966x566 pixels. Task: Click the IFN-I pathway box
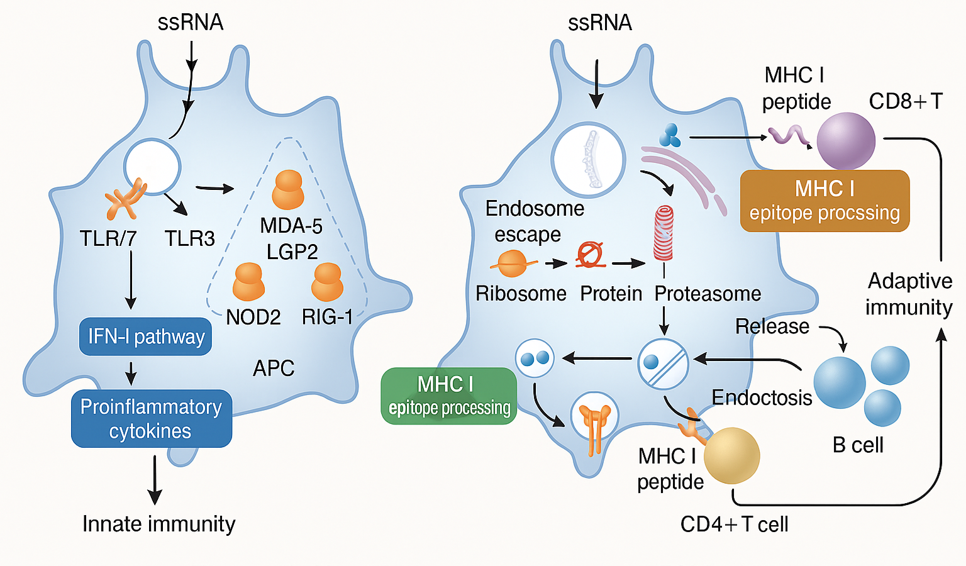pyautogui.click(x=145, y=337)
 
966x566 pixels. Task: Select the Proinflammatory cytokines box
pyautogui.click(x=151, y=419)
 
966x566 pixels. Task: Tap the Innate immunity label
pyautogui.click(x=158, y=524)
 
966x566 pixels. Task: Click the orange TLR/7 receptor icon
pyautogui.click(x=125, y=200)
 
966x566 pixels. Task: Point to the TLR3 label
pyautogui.click(x=189, y=239)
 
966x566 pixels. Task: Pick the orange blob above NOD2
pyautogui.click(x=248, y=282)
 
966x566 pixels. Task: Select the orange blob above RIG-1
pyautogui.click(x=327, y=282)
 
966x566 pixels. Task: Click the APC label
pyautogui.click(x=274, y=368)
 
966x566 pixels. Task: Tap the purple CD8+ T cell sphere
pyautogui.click(x=846, y=141)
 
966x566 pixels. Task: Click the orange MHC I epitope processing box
pyautogui.click(x=824, y=201)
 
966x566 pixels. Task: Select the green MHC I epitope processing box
pyautogui.click(x=449, y=396)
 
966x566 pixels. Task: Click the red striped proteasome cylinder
pyautogui.click(x=663, y=233)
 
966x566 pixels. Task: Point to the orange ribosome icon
pyautogui.click(x=512, y=264)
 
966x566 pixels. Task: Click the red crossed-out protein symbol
pyautogui.click(x=590, y=255)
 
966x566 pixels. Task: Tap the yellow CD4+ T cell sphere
pyautogui.click(x=731, y=455)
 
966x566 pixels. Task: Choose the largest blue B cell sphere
pyautogui.click(x=840, y=382)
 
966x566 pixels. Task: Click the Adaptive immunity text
pyautogui.click(x=909, y=294)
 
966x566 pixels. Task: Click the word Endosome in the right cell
pyautogui.click(x=535, y=208)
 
